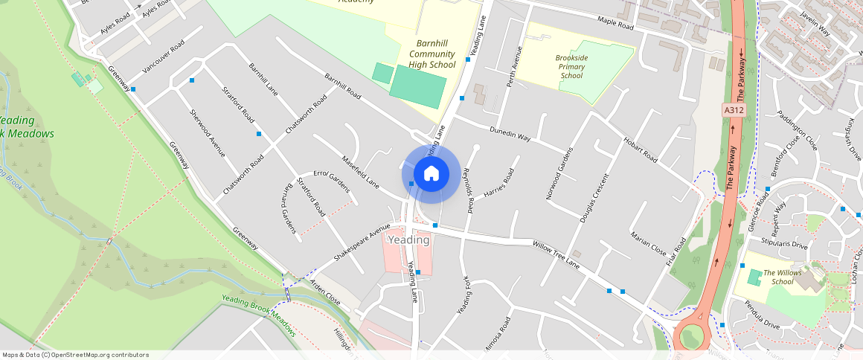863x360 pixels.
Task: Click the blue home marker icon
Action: (431, 174)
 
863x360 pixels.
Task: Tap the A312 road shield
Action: (734, 110)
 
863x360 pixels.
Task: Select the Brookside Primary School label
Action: (571, 66)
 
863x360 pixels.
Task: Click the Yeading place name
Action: (408, 240)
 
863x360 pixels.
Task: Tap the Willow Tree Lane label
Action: (556, 254)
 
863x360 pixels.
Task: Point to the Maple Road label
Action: (615, 25)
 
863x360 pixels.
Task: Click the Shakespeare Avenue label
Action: (362, 242)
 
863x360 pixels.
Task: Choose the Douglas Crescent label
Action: (594, 199)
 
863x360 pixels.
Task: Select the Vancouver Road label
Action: (163, 57)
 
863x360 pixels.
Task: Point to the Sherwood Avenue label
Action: (208, 133)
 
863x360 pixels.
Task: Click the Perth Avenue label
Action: (515, 66)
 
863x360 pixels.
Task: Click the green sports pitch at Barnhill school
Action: (417, 86)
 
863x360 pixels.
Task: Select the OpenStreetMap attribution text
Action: (75, 355)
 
